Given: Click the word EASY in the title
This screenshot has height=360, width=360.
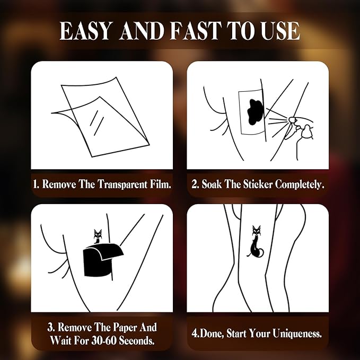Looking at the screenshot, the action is tap(85, 31).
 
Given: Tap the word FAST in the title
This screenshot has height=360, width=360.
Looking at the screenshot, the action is tap(196, 31).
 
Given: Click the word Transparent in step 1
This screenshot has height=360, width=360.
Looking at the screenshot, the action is tap(122, 185).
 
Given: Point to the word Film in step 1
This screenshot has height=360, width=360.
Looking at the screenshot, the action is tap(160, 184).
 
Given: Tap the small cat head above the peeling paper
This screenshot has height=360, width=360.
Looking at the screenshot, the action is tap(98, 235).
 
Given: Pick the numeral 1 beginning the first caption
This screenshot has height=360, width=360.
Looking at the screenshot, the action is tap(35, 185).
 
